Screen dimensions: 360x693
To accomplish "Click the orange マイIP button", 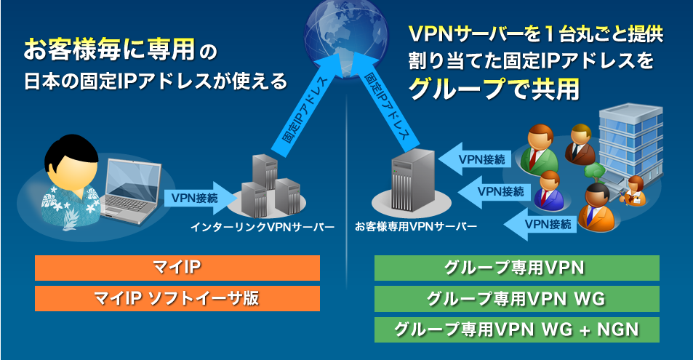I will [177, 268].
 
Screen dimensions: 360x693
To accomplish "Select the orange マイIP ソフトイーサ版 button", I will [177, 298].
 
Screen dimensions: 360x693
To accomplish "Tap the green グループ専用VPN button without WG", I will [516, 268].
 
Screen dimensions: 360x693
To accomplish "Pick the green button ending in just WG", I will [516, 298].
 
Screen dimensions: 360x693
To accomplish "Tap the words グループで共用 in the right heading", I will [494, 88].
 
